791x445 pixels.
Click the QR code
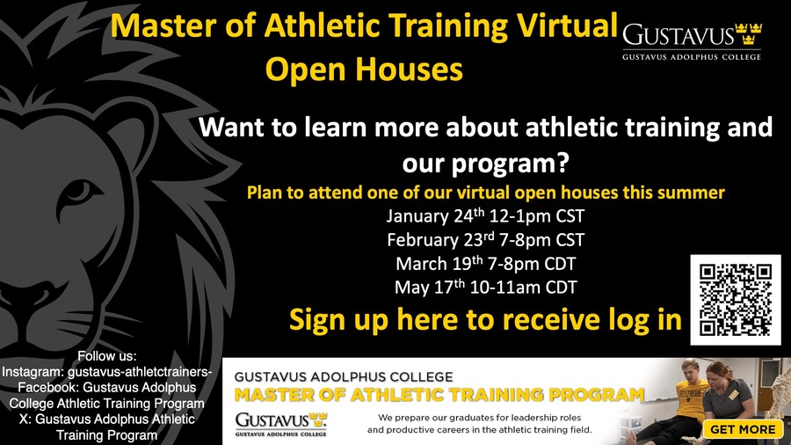pyautogui.click(x=735, y=300)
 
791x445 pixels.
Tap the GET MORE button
pyautogui.click(x=743, y=429)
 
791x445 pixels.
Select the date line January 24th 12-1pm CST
pyautogui.click(x=485, y=216)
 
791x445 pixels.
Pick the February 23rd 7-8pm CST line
pyautogui.click(x=485, y=240)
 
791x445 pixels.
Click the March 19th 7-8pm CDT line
pyautogui.click(x=485, y=263)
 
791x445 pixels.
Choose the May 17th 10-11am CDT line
pyautogui.click(x=485, y=287)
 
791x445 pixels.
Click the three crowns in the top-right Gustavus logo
pyautogui.click(x=749, y=33)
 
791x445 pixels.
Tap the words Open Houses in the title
pyautogui.click(x=364, y=69)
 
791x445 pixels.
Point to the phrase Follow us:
pyautogui.click(x=107, y=356)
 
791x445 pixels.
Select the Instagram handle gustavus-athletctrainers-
pyautogui.click(x=140, y=372)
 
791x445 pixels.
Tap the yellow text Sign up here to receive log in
pyautogui.click(x=485, y=320)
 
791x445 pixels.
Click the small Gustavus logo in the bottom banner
pyautogui.click(x=281, y=424)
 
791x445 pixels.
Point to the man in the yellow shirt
pyautogui.click(x=690, y=398)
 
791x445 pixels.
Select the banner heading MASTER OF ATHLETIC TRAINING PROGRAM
pyautogui.click(x=439, y=395)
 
